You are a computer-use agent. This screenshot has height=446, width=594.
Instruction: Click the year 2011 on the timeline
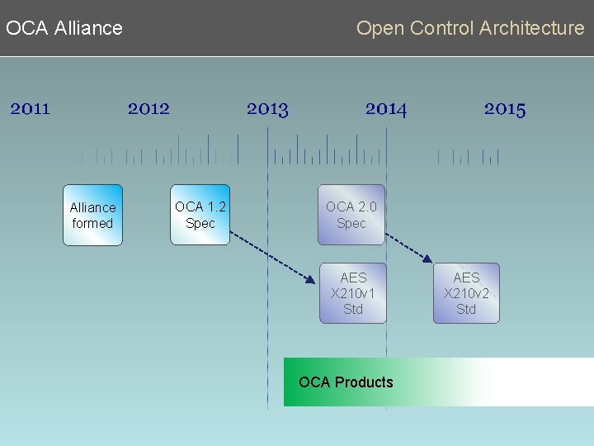pos(31,108)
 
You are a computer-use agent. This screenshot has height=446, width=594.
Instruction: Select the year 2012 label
pos(148,108)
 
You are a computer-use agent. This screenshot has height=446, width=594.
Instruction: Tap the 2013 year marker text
pos(267,108)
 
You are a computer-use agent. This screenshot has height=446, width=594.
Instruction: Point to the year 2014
pos(386,108)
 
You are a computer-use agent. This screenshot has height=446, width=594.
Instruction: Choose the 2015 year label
pos(505,108)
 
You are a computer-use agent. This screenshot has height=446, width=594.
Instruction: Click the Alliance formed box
pos(92,215)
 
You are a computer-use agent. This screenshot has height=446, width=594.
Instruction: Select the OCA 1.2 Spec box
pos(200,215)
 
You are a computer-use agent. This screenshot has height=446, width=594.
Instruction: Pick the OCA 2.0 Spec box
pos(351,215)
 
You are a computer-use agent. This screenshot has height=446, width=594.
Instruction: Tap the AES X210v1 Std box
pos(353,293)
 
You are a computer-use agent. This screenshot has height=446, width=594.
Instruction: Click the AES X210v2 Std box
pos(466,293)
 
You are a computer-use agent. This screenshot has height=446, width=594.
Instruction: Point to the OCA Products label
pos(346,382)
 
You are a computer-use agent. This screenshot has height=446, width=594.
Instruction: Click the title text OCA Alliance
pos(64,28)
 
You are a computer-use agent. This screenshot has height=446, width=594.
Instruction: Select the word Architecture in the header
pos(532,28)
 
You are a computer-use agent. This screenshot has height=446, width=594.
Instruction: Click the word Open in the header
pos(380,28)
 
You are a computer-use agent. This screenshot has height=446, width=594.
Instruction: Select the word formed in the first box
pos(92,223)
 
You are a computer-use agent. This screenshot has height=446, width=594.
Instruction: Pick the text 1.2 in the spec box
pos(215,206)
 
